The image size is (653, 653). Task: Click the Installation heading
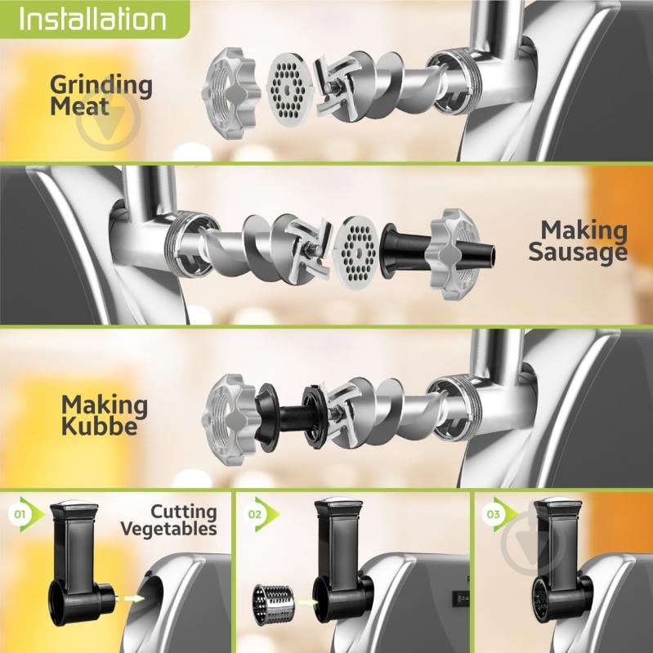click(x=92, y=19)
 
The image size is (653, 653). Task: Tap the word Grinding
click(x=101, y=85)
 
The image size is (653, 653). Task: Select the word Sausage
click(x=578, y=252)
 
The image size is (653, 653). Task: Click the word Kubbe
click(x=99, y=426)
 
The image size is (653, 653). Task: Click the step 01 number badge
click(x=20, y=514)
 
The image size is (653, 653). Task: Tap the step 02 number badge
click(x=254, y=514)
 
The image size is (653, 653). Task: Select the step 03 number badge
click(x=493, y=514)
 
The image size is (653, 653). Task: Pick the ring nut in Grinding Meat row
click(x=230, y=93)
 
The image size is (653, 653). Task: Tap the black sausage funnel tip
click(x=490, y=255)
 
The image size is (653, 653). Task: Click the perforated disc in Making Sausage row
click(x=356, y=253)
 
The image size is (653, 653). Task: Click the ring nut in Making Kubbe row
click(x=229, y=420)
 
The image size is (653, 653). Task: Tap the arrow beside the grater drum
click(x=306, y=602)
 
